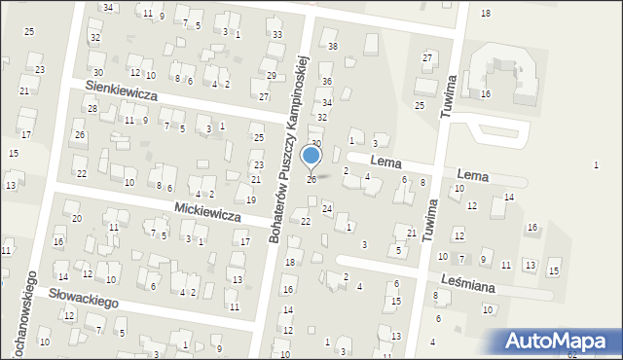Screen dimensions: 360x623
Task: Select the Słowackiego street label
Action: (85, 297)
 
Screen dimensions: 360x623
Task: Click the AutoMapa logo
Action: (560, 342)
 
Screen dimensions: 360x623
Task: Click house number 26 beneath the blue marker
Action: (311, 179)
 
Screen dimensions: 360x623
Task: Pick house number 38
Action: (333, 46)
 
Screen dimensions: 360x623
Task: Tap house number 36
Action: (327, 81)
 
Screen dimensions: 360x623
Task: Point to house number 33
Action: (277, 34)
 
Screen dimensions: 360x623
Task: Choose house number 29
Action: (272, 75)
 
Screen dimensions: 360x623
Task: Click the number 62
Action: (599, 354)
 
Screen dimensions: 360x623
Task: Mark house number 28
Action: (92, 108)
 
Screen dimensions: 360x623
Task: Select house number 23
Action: (40, 69)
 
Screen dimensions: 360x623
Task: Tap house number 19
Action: (251, 199)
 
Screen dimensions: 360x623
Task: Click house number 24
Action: (327, 209)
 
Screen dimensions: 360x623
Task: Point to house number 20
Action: (77, 218)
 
